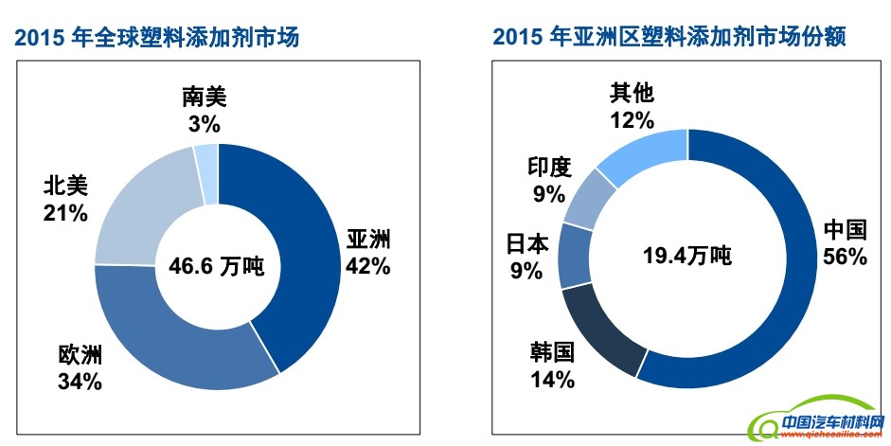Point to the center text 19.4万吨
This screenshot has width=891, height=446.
pyautogui.click(x=687, y=257)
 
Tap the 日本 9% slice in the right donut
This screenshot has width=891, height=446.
pyautogui.click(x=574, y=256)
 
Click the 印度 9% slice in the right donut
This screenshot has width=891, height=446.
pyautogui.click(x=590, y=199)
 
